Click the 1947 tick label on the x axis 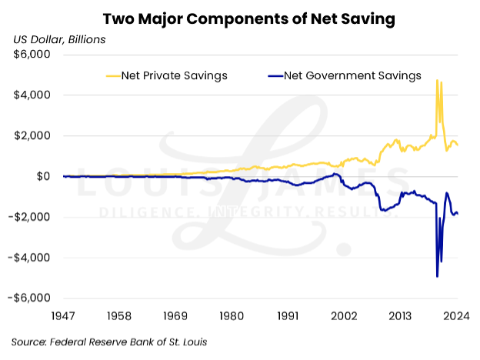[x=64, y=315]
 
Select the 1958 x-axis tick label [x=120, y=315]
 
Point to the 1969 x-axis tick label [x=176, y=315]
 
